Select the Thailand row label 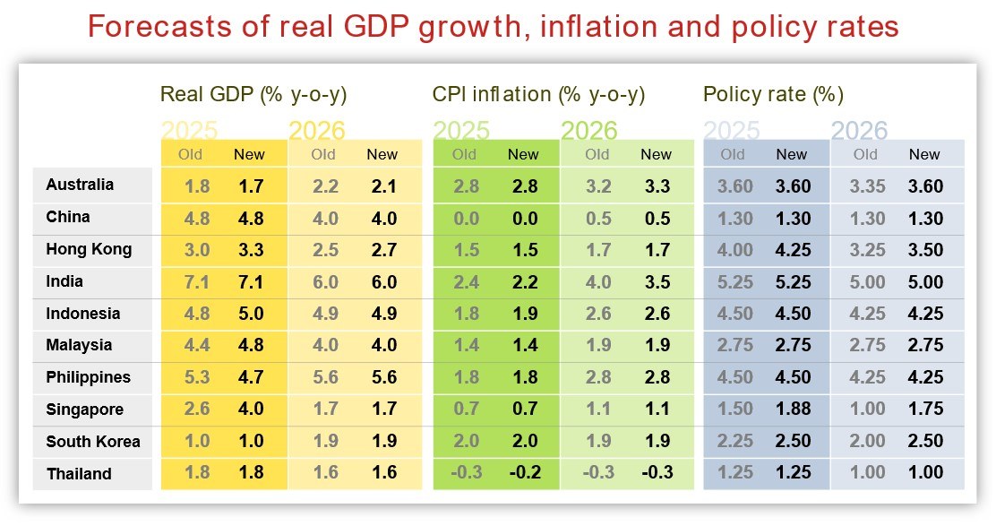pos(79,474)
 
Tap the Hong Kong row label pos(89,249)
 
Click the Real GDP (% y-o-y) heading pos(253,94)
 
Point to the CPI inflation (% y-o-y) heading pos(538,94)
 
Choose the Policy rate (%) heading pos(773,94)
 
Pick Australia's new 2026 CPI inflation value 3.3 pos(656,186)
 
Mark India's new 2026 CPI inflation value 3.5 pos(656,281)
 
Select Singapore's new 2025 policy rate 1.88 pos(792,410)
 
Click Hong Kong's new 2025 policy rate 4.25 pos(792,249)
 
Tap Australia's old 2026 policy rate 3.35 pos(865,186)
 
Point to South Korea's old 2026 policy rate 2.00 pos(865,442)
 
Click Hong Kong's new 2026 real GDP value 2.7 pos(382,249)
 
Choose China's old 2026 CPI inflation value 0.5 pos(597,219)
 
